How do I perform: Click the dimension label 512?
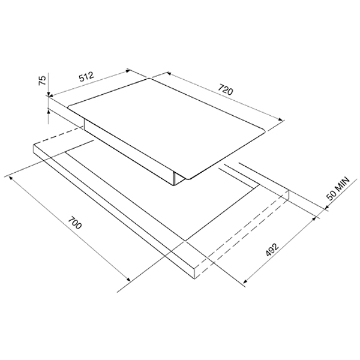86,77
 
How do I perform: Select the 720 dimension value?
226,89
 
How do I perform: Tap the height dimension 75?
42,80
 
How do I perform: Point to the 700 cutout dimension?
75,223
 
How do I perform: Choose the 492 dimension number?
272,250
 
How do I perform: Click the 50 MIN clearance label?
338,188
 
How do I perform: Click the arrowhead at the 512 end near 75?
52,95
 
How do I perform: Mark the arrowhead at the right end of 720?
280,119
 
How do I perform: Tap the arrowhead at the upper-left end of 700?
11,178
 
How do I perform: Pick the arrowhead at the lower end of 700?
128,279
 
